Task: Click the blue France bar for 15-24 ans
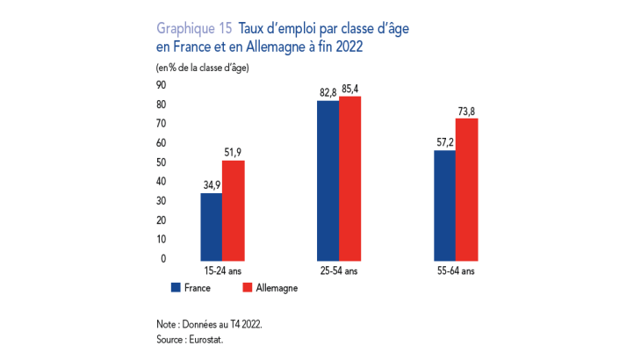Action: (211, 226)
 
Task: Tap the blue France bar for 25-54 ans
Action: (328, 180)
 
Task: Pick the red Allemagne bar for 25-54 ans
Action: (349, 177)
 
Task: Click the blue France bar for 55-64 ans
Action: (444, 205)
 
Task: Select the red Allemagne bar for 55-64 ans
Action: (466, 188)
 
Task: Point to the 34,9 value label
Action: (212, 184)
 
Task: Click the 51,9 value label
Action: (233, 152)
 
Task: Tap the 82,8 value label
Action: (328, 92)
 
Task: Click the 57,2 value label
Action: (445, 141)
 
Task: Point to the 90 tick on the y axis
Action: (161, 85)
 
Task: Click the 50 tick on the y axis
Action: (161, 162)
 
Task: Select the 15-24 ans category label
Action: (222, 271)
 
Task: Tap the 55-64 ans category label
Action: (456, 271)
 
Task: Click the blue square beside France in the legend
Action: (176, 287)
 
